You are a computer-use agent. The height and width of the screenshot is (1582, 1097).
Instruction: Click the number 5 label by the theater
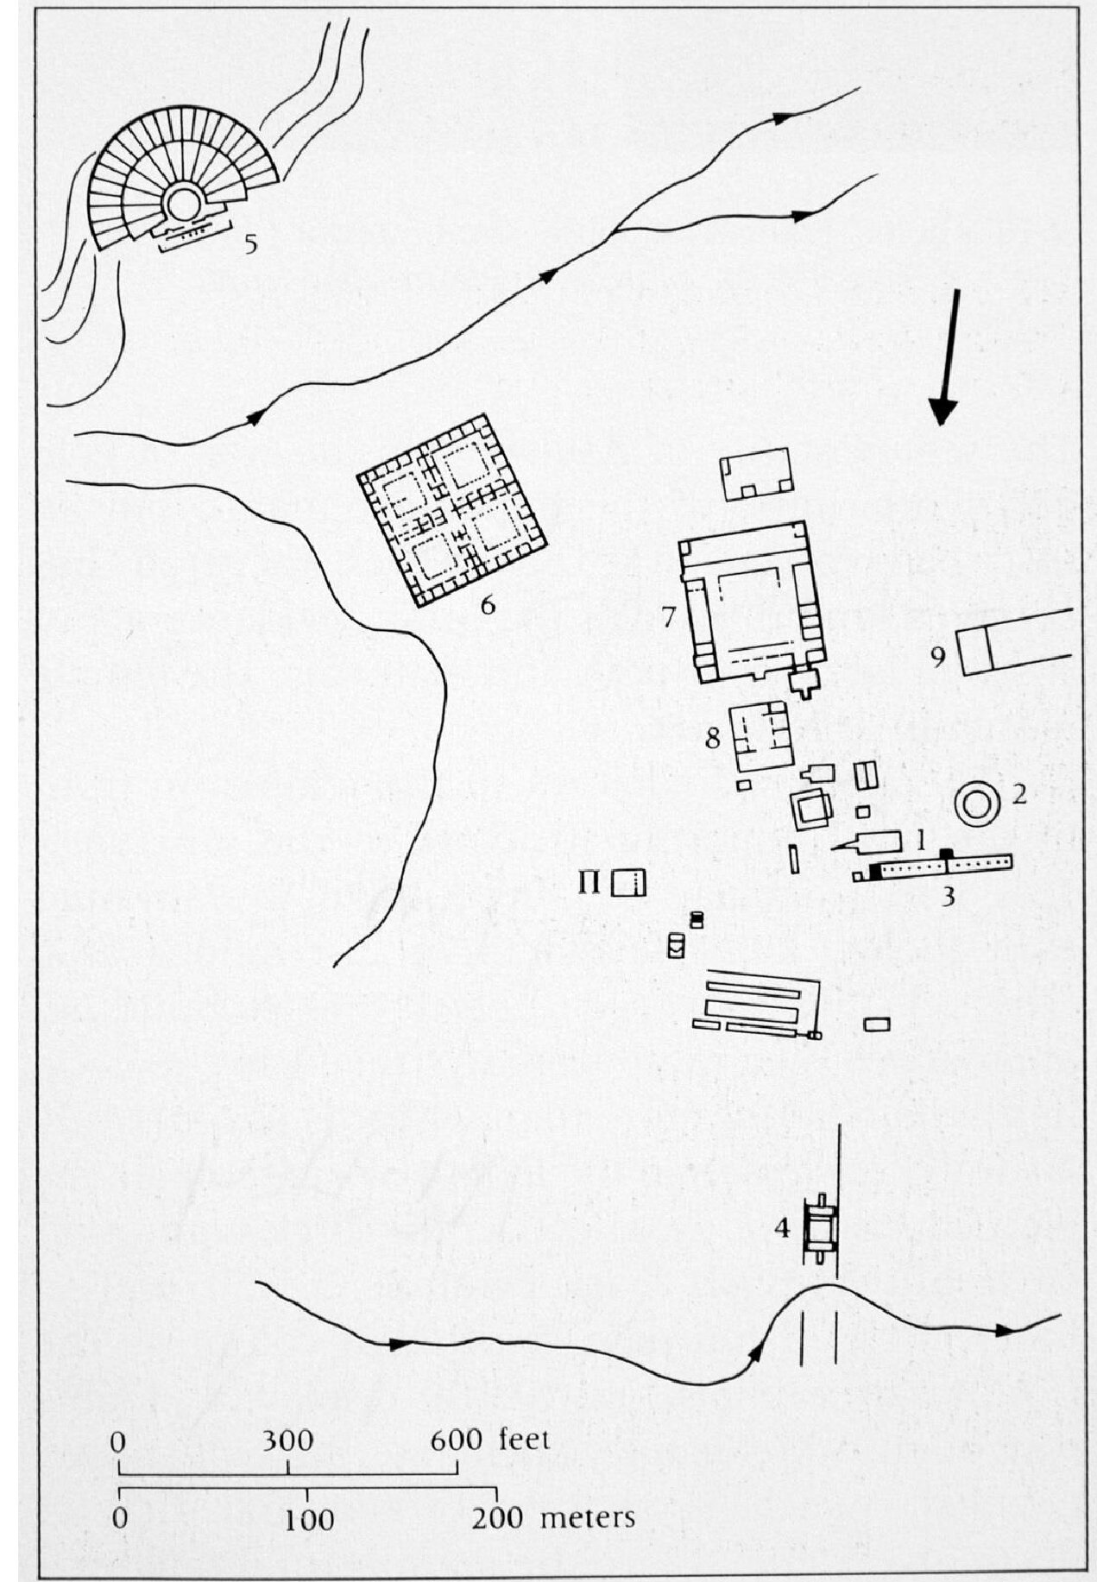point(250,244)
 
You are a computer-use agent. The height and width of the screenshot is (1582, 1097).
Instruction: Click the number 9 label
point(938,657)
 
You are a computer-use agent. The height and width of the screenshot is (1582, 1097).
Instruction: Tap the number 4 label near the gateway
point(782,1227)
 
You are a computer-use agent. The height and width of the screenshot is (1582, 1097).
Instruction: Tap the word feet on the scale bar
point(523,1440)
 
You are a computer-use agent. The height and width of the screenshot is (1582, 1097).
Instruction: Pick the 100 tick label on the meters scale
point(309,1518)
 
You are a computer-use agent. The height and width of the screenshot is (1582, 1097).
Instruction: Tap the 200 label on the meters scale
point(496,1517)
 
